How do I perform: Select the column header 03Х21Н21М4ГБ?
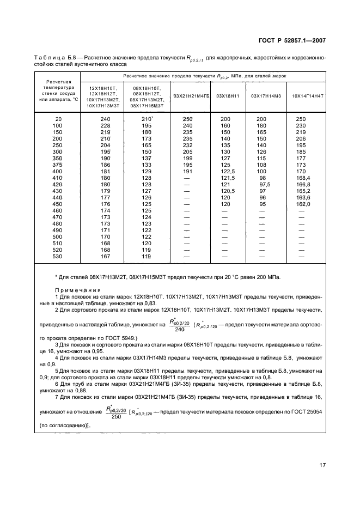[x=188, y=96]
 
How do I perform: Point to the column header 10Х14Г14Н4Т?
[x=307, y=96]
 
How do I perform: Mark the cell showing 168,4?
[x=302, y=177]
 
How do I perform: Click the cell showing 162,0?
[x=302, y=203]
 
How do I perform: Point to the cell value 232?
[x=187, y=144]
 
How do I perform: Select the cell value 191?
[x=187, y=171]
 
